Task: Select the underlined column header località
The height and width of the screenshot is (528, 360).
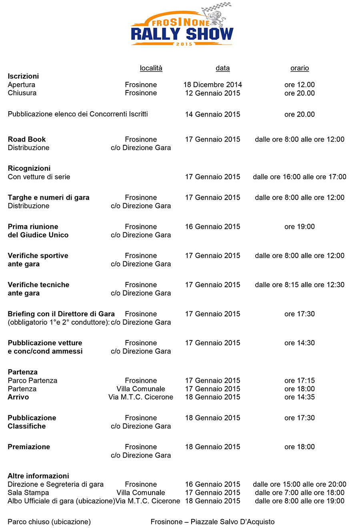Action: pos(151,68)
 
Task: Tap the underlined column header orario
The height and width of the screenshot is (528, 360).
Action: pos(300,68)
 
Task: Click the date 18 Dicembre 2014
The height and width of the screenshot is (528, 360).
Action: pos(212,85)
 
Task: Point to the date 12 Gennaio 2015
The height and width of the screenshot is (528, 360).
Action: pos(212,93)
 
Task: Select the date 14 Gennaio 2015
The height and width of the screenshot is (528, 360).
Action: pos(212,114)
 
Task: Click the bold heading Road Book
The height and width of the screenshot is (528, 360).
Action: pos(27,140)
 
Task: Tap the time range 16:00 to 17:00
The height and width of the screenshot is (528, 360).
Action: pos(300,177)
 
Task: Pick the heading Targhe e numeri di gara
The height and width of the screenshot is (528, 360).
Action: pos(48,198)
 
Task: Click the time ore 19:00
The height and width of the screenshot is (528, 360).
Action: pos(300,227)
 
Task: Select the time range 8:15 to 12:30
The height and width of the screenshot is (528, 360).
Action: pos(300,285)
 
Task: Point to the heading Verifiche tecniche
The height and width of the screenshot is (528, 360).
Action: pos(38,285)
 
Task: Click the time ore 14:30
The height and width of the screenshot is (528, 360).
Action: pos(300,343)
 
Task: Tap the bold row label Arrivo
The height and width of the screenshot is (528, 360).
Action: pos(18,397)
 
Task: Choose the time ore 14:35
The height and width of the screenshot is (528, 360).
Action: pos(300,397)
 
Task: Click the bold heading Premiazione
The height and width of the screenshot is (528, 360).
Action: pos(29,447)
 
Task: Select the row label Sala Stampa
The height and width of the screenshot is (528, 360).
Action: pos(28,493)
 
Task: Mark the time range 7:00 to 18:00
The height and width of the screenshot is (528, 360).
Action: pos(300,493)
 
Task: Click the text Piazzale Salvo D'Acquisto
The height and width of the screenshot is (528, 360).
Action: pos(232,522)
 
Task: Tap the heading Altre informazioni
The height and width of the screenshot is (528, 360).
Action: pos(38,476)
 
